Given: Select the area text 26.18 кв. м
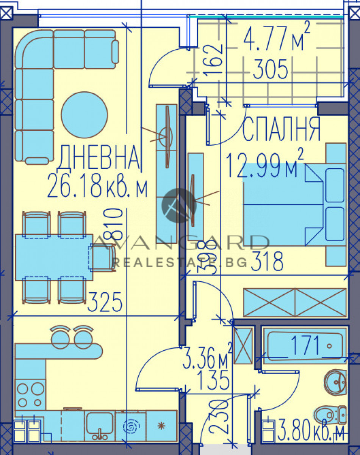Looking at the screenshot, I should pyautogui.click(x=98, y=187).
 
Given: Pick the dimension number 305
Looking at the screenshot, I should pyautogui.click(x=270, y=70).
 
